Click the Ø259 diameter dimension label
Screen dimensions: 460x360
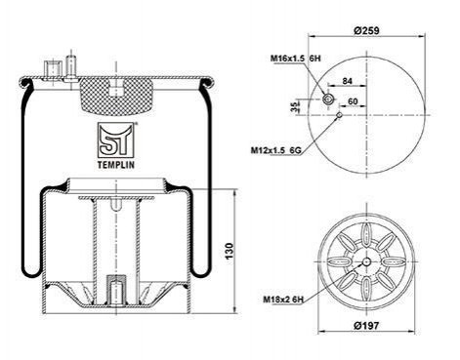(x=366, y=30)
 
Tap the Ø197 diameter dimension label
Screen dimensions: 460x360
(x=366, y=325)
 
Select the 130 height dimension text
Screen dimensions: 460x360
(x=230, y=251)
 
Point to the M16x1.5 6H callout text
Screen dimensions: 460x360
(x=296, y=59)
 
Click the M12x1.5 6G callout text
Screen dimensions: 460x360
(x=275, y=150)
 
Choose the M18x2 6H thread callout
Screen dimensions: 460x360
(x=283, y=300)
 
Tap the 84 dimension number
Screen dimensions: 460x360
(x=348, y=81)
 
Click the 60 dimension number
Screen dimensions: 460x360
(x=353, y=101)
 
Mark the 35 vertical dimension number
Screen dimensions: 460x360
(x=295, y=107)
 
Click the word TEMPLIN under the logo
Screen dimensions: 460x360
(x=116, y=165)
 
